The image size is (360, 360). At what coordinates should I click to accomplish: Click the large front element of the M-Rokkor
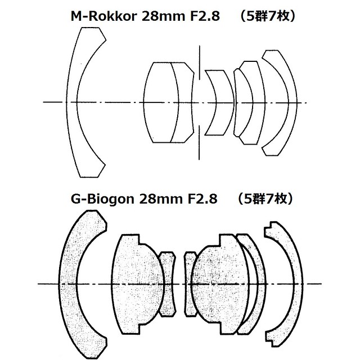click(71, 102)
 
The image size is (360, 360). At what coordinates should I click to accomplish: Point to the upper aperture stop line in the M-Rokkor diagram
click(199, 62)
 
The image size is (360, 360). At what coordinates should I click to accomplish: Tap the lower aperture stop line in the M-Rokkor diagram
click(199, 142)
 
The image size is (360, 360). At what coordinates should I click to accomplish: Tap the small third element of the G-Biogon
click(169, 284)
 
